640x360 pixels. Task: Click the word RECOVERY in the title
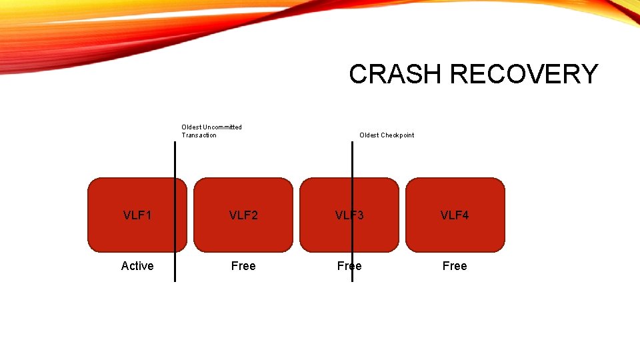[x=524, y=74]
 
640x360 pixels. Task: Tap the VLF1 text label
[x=137, y=215]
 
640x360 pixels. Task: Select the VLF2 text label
[x=243, y=215]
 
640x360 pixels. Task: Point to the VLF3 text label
[x=349, y=215]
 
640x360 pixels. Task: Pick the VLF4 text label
[x=455, y=215]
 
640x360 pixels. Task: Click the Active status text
[x=137, y=266]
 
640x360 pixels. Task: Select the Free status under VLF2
[x=243, y=266]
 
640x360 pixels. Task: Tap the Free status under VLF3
[x=349, y=266]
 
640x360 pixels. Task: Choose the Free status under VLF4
[x=455, y=266]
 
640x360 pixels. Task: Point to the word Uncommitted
[x=222, y=127]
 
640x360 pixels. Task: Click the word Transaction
[x=199, y=135]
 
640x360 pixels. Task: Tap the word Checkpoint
[x=397, y=135]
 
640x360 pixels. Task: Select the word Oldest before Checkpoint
[x=369, y=135]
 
